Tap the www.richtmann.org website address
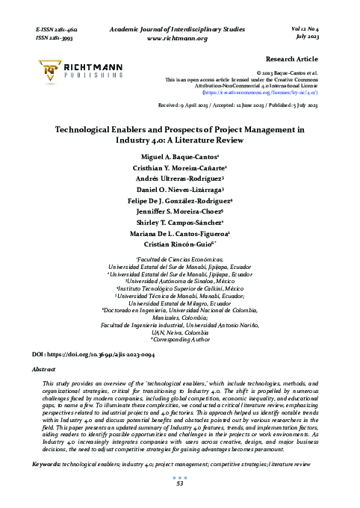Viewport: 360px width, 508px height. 177,37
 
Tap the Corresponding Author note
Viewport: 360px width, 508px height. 180,339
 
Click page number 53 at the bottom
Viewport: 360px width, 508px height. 179,484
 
